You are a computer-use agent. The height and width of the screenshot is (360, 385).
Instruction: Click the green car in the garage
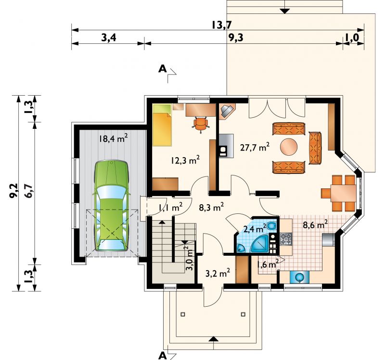pyautogui.click(x=112, y=206)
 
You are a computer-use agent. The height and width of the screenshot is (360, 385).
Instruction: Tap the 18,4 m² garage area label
pyautogui.click(x=113, y=138)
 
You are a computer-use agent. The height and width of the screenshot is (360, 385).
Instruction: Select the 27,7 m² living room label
pyautogui.click(x=255, y=148)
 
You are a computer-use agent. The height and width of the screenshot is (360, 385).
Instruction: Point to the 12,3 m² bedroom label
pyautogui.click(x=185, y=161)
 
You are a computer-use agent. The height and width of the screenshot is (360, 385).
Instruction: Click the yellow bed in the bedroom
pyautogui.click(x=162, y=125)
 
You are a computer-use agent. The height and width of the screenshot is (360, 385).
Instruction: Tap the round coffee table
pyautogui.click(x=289, y=147)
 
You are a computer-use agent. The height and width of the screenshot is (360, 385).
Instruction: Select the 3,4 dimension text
pyautogui.click(x=109, y=38)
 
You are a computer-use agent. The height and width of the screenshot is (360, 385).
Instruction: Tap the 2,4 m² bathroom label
pyautogui.click(x=255, y=229)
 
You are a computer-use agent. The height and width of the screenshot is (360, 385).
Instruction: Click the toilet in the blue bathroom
pyautogui.click(x=271, y=225)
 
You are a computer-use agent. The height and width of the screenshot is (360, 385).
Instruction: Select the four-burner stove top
pyautogui.click(x=286, y=239)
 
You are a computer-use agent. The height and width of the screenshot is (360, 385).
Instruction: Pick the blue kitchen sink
pyautogui.click(x=299, y=277)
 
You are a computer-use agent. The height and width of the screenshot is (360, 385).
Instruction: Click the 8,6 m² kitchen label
pyautogui.click(x=315, y=224)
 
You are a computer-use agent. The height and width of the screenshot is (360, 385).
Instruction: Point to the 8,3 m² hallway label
pyautogui.click(x=211, y=208)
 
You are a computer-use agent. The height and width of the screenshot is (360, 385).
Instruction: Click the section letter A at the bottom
pyautogui.click(x=162, y=355)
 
